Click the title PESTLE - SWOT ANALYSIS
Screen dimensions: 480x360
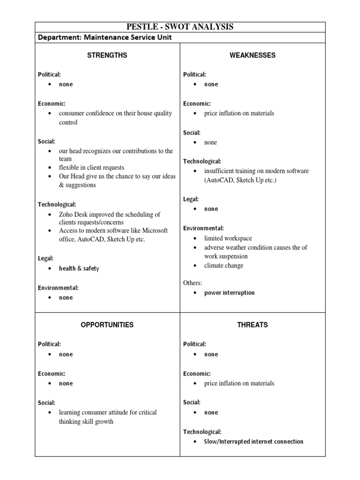180,27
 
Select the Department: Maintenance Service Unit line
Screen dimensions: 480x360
108,37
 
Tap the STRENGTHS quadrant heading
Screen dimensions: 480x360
107,55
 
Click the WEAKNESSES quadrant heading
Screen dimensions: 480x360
252,55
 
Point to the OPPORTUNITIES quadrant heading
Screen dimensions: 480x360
107,324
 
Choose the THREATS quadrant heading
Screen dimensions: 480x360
252,324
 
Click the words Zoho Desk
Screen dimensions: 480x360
73,214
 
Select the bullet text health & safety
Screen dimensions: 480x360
79,269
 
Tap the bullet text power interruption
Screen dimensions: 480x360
229,293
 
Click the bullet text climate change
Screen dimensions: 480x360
224,265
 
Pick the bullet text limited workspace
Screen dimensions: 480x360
228,238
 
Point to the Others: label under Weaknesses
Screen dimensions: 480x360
193,283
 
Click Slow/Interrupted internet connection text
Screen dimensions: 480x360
254,442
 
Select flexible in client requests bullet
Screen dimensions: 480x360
91,167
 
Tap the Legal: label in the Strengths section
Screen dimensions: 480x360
45,258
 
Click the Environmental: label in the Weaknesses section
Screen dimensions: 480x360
203,228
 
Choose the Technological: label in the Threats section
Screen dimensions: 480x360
202,432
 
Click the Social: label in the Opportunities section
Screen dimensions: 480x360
46,403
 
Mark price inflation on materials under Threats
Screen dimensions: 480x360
239,383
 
